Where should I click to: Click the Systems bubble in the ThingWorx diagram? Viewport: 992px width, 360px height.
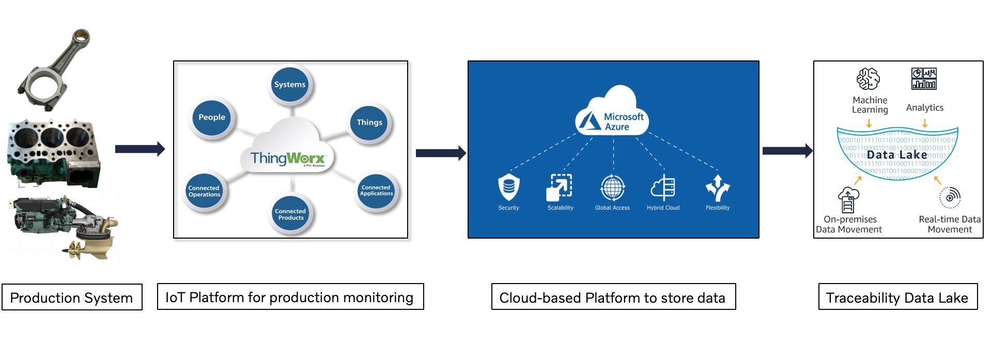coord(290,85)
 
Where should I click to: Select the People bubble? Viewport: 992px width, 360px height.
coord(212,117)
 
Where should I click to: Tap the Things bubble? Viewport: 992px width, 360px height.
coord(369,122)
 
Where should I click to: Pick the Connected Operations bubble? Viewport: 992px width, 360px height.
coord(204,191)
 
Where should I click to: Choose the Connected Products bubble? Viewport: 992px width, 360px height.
coord(290,214)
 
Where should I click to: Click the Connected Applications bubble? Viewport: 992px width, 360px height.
coord(376,191)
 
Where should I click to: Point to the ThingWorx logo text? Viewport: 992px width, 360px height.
coord(288,158)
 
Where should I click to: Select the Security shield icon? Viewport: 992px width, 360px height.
coord(508,187)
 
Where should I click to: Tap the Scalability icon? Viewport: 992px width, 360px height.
coord(560,187)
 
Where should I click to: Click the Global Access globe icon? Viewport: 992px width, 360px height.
coord(613,187)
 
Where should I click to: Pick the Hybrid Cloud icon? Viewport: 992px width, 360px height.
coord(663,187)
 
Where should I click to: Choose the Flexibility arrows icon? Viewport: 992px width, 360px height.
coord(718,187)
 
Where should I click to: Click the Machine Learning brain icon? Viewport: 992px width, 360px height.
coord(868,79)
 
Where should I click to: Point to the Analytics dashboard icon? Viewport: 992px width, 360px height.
coord(924,79)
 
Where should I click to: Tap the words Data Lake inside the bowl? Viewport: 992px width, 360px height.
coord(897,154)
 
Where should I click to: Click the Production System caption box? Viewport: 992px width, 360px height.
coord(72,298)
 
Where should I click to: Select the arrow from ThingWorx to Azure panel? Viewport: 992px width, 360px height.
coord(441,153)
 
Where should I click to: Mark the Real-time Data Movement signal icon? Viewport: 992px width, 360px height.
coord(950,197)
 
